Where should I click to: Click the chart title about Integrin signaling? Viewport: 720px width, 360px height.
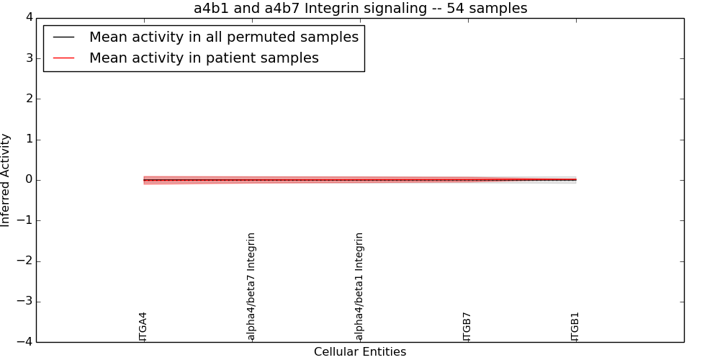(361, 8)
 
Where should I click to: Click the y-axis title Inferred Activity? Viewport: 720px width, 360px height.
(5, 180)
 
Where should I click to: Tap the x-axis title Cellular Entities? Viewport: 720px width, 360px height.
(360, 352)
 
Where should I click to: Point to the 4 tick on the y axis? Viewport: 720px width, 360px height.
(30, 18)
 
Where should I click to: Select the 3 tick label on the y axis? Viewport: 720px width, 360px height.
(30, 58)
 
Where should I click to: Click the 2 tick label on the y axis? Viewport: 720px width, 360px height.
(30, 99)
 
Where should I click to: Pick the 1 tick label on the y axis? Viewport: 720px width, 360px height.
(30, 140)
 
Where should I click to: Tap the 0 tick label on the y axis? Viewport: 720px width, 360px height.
(30, 180)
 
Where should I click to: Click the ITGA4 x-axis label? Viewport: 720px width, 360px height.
(143, 327)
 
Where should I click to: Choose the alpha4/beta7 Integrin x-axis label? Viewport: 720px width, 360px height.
(251, 287)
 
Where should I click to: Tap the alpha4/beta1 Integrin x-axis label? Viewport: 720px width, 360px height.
(359, 287)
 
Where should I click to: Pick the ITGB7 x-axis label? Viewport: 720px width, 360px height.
(467, 327)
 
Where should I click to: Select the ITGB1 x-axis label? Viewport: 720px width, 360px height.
(575, 327)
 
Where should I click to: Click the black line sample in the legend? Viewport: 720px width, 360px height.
(64, 37)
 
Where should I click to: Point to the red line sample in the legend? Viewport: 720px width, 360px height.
(64, 58)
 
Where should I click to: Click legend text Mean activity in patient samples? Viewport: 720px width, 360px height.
(204, 58)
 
